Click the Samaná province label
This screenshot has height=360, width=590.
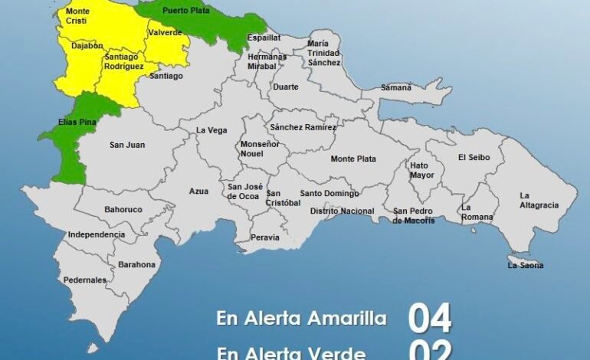396,87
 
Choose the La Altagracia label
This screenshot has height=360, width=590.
538,200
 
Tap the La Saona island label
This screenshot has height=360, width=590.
526,266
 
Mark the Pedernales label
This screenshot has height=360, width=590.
86,280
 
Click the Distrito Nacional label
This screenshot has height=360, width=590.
342,211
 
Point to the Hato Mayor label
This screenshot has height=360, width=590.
422,170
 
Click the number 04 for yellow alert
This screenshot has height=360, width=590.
429,318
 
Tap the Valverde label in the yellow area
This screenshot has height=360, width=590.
165,32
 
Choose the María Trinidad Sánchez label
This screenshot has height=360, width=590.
323,53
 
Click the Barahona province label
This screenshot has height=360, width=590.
136,265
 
